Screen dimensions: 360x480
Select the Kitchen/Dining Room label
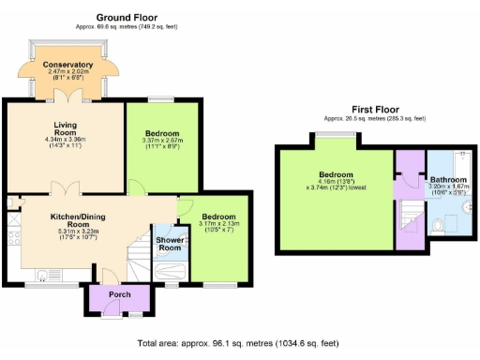pyautogui.click(x=83, y=220)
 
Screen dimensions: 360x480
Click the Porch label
pyautogui.click(x=120, y=294)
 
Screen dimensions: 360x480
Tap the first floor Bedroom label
pyautogui.click(x=335, y=174)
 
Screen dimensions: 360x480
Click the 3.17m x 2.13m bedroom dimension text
pyautogui.click(x=221, y=223)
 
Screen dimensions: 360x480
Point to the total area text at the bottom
pyautogui.click(x=238, y=343)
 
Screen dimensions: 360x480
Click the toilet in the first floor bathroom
pyautogui.click(x=441, y=226)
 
